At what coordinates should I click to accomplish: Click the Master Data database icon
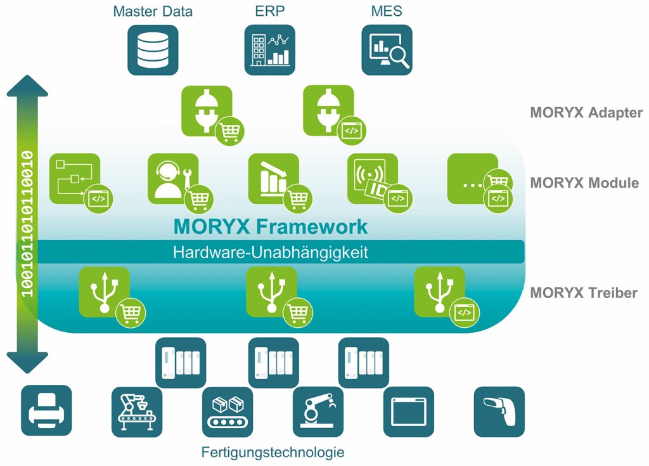tap(153, 49)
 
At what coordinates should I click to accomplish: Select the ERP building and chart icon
tap(270, 49)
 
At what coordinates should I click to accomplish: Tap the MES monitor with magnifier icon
tap(387, 49)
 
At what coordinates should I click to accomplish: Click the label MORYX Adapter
tap(586, 113)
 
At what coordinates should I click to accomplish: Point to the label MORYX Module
tap(584, 183)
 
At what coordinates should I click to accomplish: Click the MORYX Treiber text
tap(584, 293)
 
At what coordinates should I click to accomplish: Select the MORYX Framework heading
tap(271, 226)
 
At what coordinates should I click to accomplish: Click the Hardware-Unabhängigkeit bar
tap(271, 252)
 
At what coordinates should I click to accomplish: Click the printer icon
tap(46, 411)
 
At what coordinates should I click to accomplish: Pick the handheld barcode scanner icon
tap(499, 411)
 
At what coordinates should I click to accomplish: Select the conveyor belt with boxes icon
tap(228, 411)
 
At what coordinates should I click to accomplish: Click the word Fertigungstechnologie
tap(273, 453)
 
